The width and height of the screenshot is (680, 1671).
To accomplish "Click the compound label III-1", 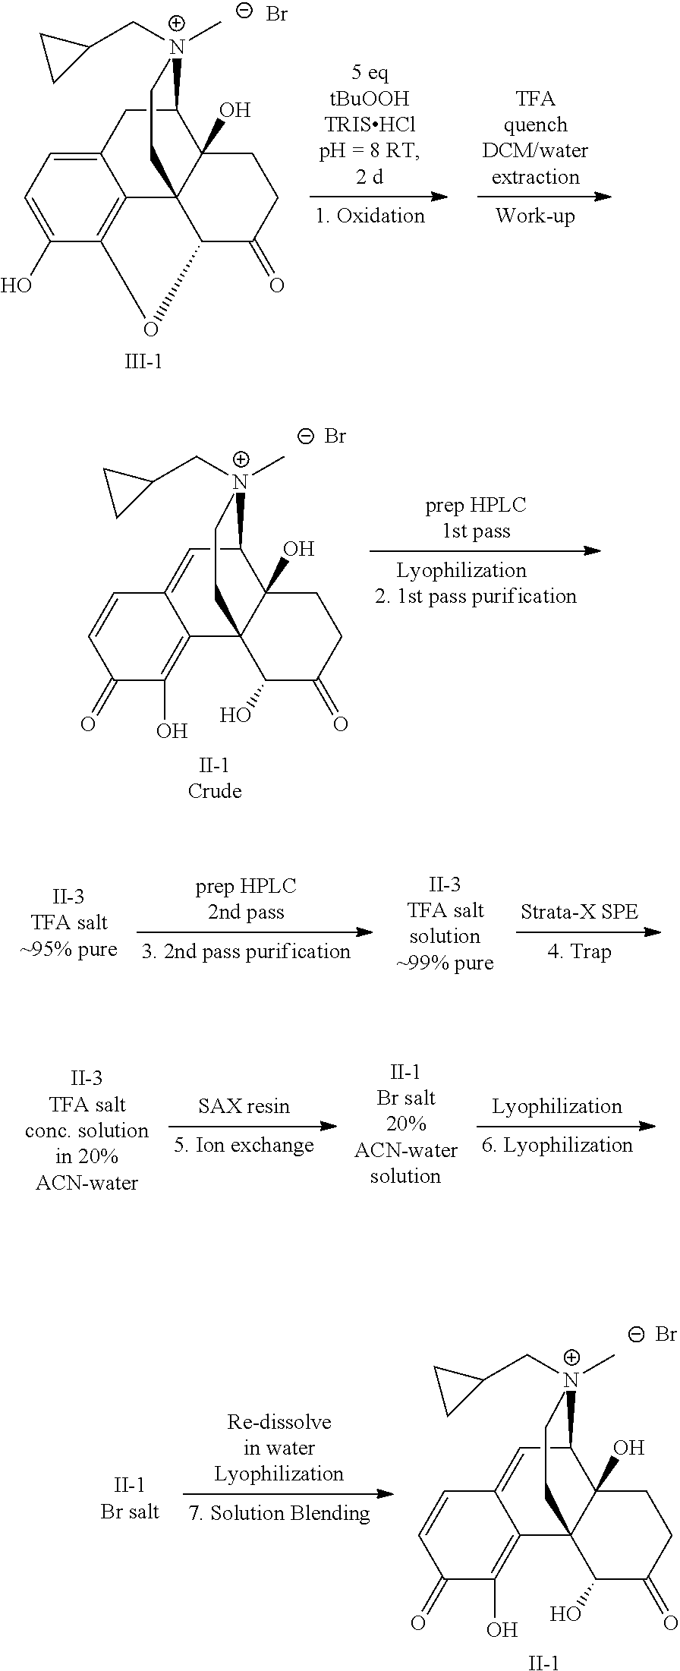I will click(143, 361).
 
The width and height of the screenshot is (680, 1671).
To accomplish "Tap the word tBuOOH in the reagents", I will click(369, 99).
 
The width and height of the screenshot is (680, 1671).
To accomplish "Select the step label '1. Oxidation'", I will click(370, 216).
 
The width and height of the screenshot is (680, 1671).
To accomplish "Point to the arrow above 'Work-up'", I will click(544, 197).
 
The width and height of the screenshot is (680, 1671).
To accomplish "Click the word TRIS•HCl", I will click(369, 125).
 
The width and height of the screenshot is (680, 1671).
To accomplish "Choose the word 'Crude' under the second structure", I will click(215, 791).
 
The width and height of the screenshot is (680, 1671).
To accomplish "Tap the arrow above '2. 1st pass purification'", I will click(485, 550).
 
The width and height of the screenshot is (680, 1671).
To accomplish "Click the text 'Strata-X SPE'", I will click(579, 912).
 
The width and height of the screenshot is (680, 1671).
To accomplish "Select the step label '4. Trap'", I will click(579, 952).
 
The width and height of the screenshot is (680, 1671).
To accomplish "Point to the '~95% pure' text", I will click(69, 949).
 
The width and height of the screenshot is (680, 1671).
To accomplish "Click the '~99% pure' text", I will click(445, 963).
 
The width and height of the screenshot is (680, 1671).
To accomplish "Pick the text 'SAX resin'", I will click(244, 1106).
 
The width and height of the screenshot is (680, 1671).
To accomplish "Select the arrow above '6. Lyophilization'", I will click(566, 1126).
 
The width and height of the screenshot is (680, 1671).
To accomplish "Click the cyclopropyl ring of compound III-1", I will click(60, 57).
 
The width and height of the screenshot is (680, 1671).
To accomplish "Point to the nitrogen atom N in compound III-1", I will click(176, 47).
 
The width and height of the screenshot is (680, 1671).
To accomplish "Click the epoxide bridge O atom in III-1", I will click(151, 329).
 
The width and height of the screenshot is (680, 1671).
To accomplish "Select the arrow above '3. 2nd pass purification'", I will click(255, 932).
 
